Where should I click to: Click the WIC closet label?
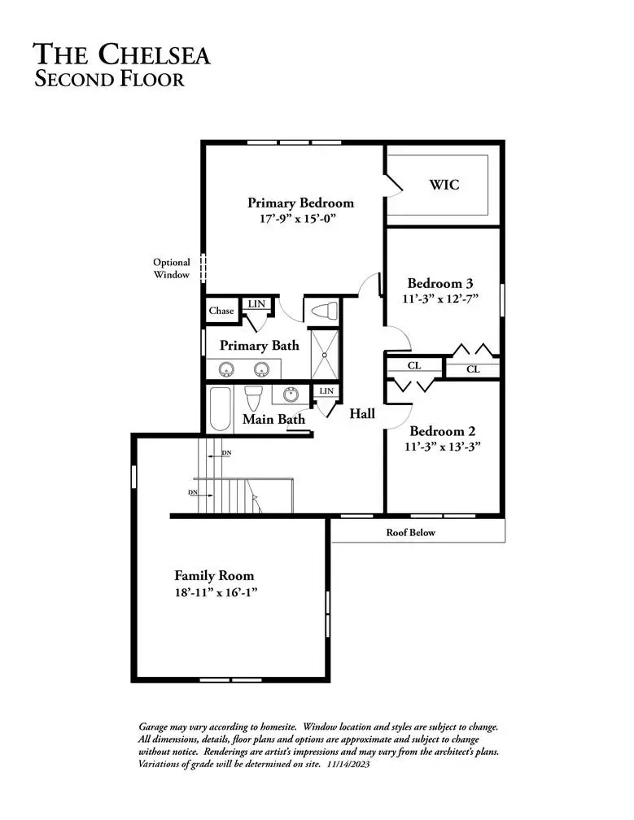(x=444, y=185)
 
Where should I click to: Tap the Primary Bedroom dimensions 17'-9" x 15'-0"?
(x=297, y=219)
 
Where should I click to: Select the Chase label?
(x=221, y=311)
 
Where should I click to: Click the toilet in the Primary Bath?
(x=324, y=311)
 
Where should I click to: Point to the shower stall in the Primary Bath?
(x=324, y=355)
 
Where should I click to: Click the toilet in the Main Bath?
(x=253, y=399)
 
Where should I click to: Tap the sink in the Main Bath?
(x=291, y=395)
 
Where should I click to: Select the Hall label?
(x=362, y=413)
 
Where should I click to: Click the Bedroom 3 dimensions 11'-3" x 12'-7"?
(x=440, y=299)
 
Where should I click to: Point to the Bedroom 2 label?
(x=443, y=431)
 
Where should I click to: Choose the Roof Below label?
(x=411, y=532)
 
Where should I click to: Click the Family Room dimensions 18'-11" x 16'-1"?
(x=216, y=592)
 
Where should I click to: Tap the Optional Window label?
(x=172, y=268)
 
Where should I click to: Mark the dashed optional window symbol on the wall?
(x=203, y=268)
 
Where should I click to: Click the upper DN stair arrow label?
(x=226, y=453)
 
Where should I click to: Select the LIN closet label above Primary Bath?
(x=256, y=304)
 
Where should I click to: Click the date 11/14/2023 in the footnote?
(x=348, y=764)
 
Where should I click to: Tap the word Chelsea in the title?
(x=155, y=55)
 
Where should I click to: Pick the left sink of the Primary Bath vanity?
(x=226, y=369)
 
